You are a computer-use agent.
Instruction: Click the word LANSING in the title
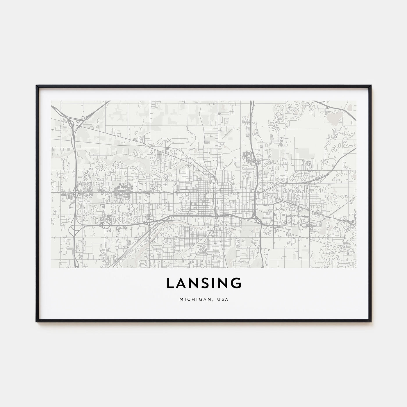(203, 283)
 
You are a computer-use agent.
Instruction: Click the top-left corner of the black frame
(36, 86)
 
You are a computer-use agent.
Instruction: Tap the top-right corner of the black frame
(371, 86)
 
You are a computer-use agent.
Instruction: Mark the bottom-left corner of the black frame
(36, 321)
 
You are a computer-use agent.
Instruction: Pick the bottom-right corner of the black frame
(371, 321)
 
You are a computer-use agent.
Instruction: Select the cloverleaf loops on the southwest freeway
(104, 224)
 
